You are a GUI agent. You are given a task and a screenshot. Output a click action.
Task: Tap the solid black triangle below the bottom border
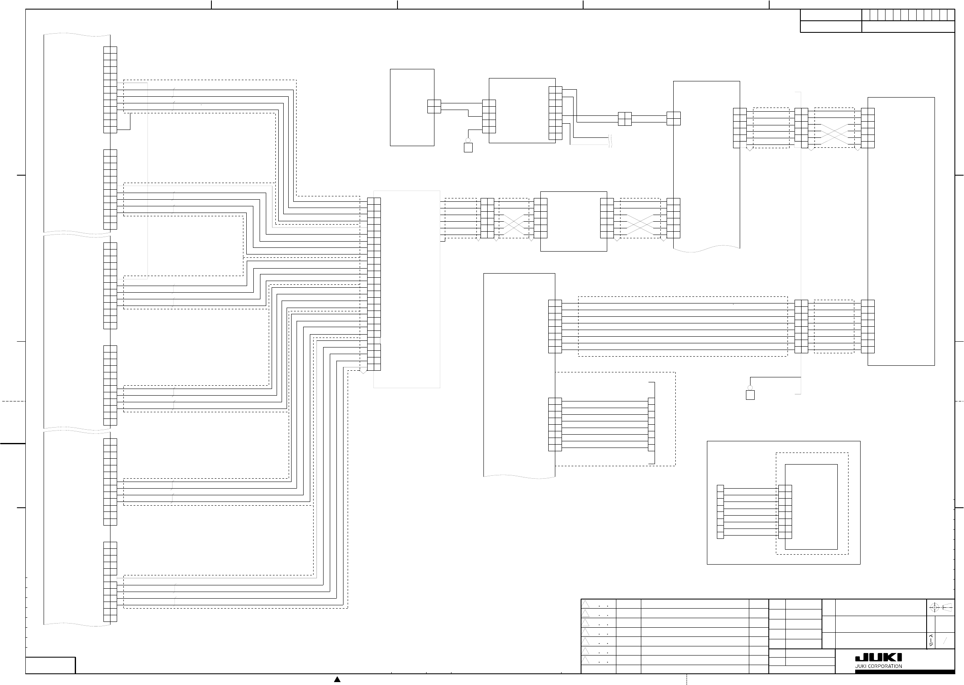(337, 679)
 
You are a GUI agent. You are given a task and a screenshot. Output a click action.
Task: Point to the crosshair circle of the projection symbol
(934, 608)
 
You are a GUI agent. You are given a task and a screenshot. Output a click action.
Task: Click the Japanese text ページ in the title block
(931, 640)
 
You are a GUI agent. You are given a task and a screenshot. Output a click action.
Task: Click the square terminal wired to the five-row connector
(468, 148)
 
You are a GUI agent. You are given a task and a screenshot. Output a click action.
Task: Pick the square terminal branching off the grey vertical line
(750, 395)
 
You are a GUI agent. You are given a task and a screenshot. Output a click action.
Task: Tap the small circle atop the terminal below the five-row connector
(468, 140)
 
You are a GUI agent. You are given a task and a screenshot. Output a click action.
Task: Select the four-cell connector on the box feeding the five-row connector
(434, 106)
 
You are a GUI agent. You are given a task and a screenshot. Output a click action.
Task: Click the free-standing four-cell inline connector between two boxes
(625, 119)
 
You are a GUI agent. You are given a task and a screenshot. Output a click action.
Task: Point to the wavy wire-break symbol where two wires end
(610, 141)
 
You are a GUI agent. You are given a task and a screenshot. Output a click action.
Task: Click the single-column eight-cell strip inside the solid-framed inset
(720, 511)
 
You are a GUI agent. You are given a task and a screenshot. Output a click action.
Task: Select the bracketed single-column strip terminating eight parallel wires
(651, 424)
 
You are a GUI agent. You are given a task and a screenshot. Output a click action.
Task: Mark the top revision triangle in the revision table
(585, 604)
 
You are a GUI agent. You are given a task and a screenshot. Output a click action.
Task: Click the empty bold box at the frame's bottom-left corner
(51, 665)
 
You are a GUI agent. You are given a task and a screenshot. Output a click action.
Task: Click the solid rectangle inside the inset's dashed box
(811, 506)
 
